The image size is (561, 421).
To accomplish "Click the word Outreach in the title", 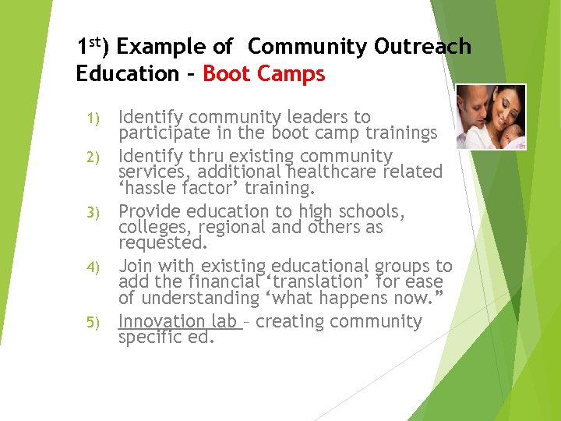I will coord(422,47).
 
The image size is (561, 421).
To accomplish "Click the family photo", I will coord(490,117).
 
